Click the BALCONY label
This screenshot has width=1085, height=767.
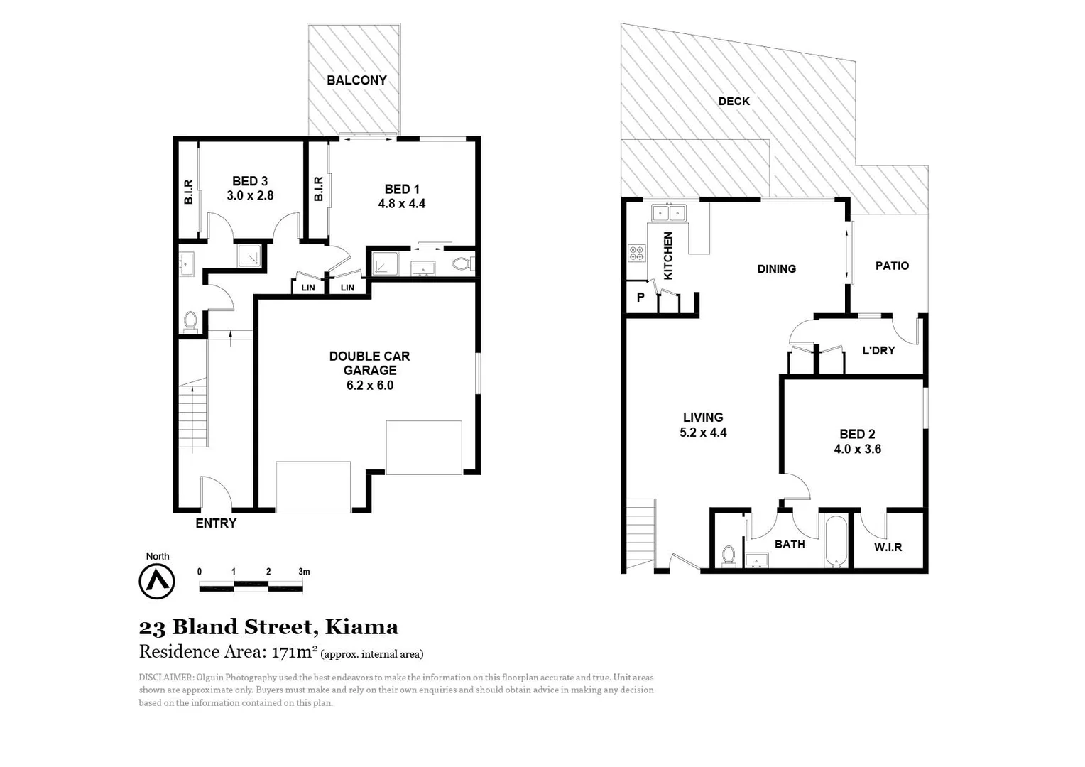[356, 80]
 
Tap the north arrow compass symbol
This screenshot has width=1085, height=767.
[157, 582]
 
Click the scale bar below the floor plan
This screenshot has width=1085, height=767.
[251, 586]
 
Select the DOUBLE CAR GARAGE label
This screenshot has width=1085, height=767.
[369, 363]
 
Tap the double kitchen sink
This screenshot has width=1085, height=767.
[669, 212]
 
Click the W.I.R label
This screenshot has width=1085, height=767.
[888, 547]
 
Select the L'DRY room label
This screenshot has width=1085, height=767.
[878, 350]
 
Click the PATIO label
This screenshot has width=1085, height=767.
[892, 266]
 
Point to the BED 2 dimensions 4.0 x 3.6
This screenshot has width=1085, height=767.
[857, 449]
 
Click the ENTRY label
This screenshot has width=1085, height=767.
[216, 523]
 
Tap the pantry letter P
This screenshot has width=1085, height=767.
[640, 298]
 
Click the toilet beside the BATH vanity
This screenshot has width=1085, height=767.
[729, 555]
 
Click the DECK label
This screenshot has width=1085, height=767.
[734, 102]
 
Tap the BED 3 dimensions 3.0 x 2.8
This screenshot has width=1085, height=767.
[250, 195]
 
